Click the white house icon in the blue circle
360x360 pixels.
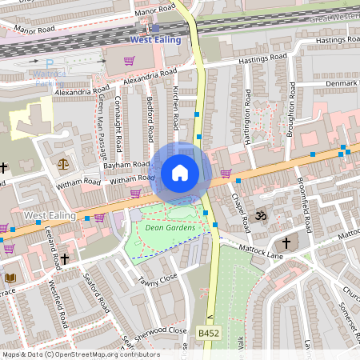pos(179,173)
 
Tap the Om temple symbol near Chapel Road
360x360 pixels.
pos(258,215)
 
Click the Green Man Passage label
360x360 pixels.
pos(103,129)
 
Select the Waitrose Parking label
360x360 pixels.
pos(50,78)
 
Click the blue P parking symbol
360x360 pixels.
pos(50,63)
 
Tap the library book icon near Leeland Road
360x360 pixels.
pos(10,278)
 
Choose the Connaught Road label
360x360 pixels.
pos(119,121)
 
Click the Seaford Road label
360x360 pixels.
pos(97,295)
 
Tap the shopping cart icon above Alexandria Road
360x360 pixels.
pos(128,60)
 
